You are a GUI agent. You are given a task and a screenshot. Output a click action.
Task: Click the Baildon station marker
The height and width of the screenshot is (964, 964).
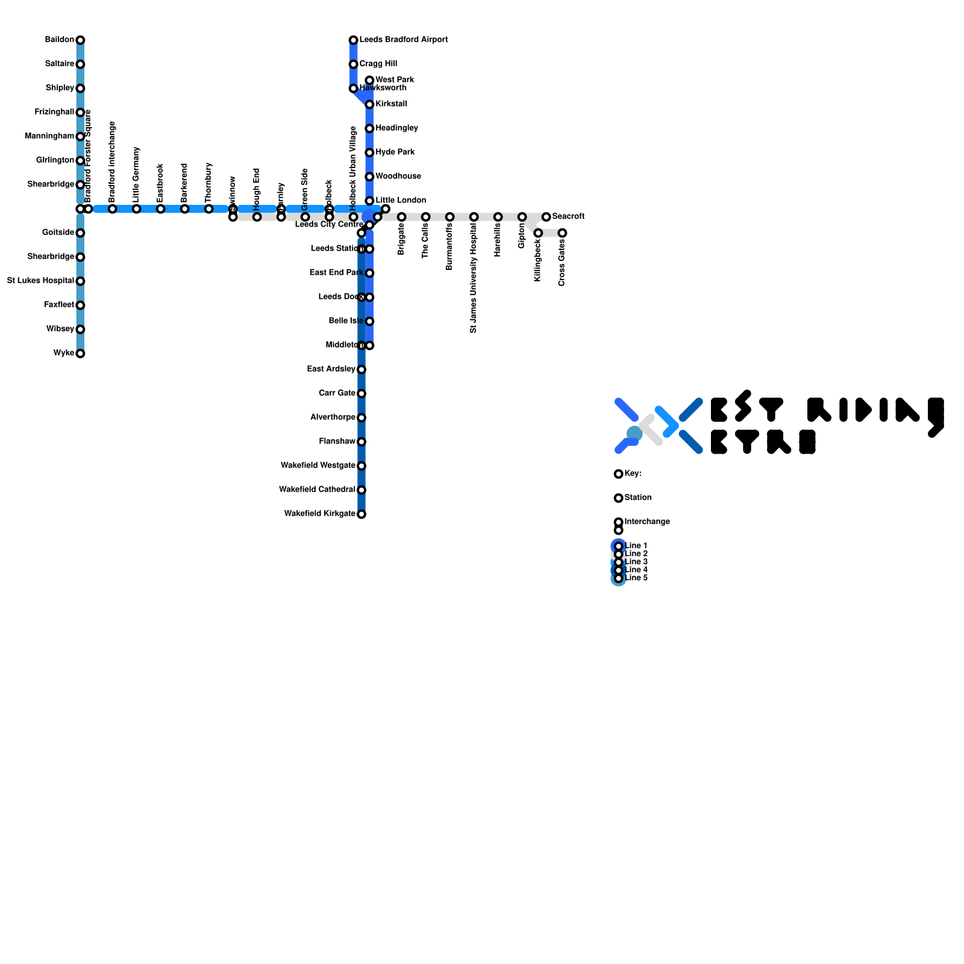(80, 40)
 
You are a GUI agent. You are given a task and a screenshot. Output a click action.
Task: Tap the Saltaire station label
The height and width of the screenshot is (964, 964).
(59, 64)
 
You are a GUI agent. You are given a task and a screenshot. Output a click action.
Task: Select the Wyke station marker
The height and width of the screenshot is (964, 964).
(80, 354)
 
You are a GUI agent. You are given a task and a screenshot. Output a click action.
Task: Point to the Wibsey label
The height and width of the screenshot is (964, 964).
(60, 329)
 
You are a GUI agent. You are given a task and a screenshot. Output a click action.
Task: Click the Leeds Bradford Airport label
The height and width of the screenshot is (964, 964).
(404, 40)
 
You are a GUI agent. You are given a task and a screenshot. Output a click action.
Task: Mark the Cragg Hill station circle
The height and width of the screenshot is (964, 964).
(354, 64)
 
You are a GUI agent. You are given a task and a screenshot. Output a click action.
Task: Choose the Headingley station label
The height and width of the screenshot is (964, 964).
(396, 128)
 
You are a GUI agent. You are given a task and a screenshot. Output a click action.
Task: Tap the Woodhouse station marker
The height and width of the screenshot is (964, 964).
(369, 177)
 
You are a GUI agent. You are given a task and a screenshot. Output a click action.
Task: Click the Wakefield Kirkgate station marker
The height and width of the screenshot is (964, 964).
(361, 515)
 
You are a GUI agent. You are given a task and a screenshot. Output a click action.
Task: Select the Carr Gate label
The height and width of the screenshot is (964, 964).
(337, 393)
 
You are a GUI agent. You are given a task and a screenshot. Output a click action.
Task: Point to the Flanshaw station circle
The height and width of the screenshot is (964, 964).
(361, 442)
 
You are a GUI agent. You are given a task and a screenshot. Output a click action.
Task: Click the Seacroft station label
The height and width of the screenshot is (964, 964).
(568, 216)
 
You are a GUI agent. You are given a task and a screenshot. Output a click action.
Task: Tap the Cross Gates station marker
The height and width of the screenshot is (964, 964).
(562, 233)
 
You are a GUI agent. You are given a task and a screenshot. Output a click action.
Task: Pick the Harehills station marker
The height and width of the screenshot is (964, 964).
(498, 217)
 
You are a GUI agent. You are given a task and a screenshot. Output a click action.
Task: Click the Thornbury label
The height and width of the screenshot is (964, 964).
(208, 182)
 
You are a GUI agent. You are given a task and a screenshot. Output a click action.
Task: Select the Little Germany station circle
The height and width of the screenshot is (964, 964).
(137, 209)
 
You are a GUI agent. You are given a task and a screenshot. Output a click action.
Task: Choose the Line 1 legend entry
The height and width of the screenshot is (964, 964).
(636, 546)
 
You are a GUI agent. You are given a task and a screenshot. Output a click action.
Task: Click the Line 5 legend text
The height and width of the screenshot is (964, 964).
(636, 578)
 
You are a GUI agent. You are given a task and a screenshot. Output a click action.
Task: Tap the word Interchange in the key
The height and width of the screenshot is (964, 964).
(647, 522)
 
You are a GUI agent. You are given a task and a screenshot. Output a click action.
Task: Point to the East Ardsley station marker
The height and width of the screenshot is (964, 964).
(361, 370)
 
